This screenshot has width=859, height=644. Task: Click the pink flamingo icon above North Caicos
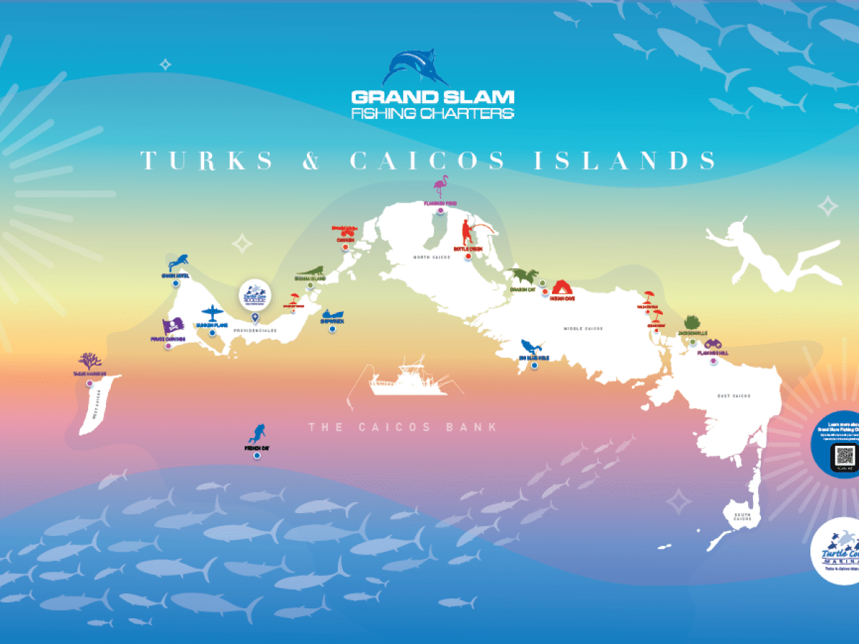(441, 188)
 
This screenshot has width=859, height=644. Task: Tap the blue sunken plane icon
(212, 313)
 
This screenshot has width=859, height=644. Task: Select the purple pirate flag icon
(173, 327)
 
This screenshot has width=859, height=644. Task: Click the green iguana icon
(311, 270)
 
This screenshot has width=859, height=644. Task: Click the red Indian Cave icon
(563, 287)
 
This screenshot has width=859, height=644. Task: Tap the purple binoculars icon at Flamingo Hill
(713, 344)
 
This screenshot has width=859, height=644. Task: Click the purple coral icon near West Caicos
(89, 361)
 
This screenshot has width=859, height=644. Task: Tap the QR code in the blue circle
(845, 456)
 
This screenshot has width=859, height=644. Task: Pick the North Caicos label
(432, 257)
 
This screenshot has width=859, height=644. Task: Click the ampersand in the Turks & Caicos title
(311, 161)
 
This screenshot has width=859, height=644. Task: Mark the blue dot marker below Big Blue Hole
(534, 366)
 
